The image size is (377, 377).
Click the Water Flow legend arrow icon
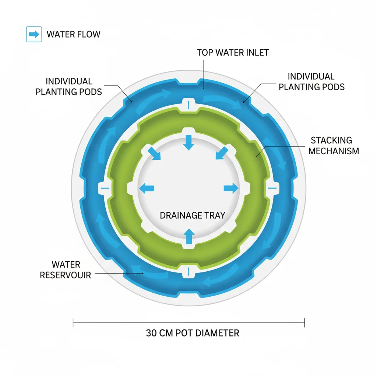click(x=34, y=35)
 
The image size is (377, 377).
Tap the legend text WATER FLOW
click(x=73, y=35)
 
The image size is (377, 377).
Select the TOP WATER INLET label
click(x=233, y=53)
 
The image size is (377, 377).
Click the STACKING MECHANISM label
click(x=334, y=145)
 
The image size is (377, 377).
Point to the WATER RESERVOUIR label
click(x=66, y=269)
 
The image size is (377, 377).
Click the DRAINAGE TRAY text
click(x=192, y=215)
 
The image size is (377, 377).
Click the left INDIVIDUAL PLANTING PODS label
click(x=68, y=86)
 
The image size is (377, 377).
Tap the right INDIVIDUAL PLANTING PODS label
click(x=311, y=82)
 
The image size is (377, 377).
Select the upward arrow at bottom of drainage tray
click(x=189, y=236)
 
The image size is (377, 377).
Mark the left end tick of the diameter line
click(x=74, y=323)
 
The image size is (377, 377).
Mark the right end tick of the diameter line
click(x=304, y=323)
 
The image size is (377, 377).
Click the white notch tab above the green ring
click(x=188, y=104)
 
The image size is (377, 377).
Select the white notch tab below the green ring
click(x=188, y=272)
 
